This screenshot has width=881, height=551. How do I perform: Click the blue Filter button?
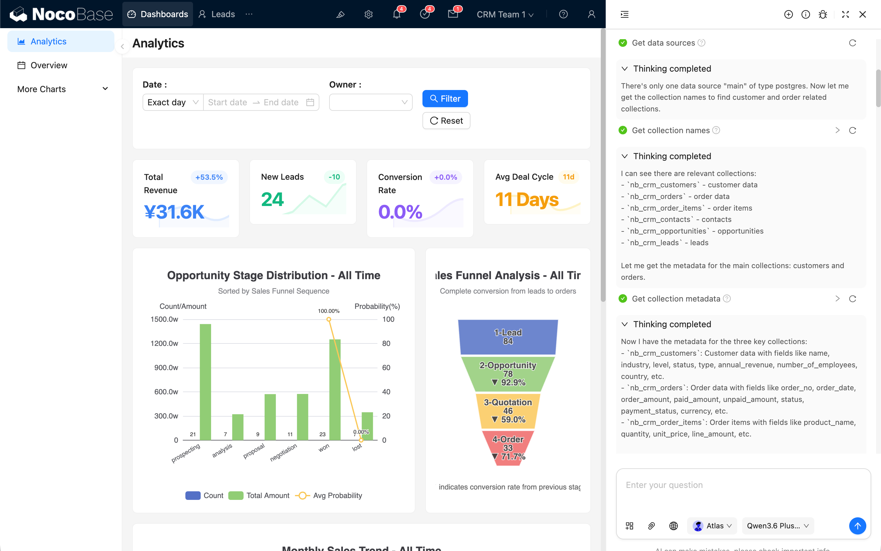(x=445, y=99)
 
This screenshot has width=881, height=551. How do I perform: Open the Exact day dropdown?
(x=173, y=103)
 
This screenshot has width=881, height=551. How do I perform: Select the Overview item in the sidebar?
(x=49, y=65)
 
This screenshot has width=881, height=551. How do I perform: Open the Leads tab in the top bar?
(x=217, y=14)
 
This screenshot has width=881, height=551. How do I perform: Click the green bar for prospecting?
(x=205, y=382)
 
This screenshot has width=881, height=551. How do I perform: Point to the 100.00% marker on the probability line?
(x=329, y=319)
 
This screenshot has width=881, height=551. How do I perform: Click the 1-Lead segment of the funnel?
(x=508, y=337)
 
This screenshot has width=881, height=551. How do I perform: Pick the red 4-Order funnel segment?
(x=508, y=448)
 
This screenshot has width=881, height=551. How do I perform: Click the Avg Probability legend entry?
(x=329, y=496)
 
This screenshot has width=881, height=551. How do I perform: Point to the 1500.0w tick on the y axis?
(x=164, y=319)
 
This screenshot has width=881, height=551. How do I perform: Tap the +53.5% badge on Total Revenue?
(x=209, y=177)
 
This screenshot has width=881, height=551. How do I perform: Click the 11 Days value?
(x=527, y=200)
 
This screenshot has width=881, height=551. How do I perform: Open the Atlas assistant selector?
(x=712, y=526)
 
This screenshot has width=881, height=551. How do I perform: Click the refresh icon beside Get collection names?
(x=853, y=130)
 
